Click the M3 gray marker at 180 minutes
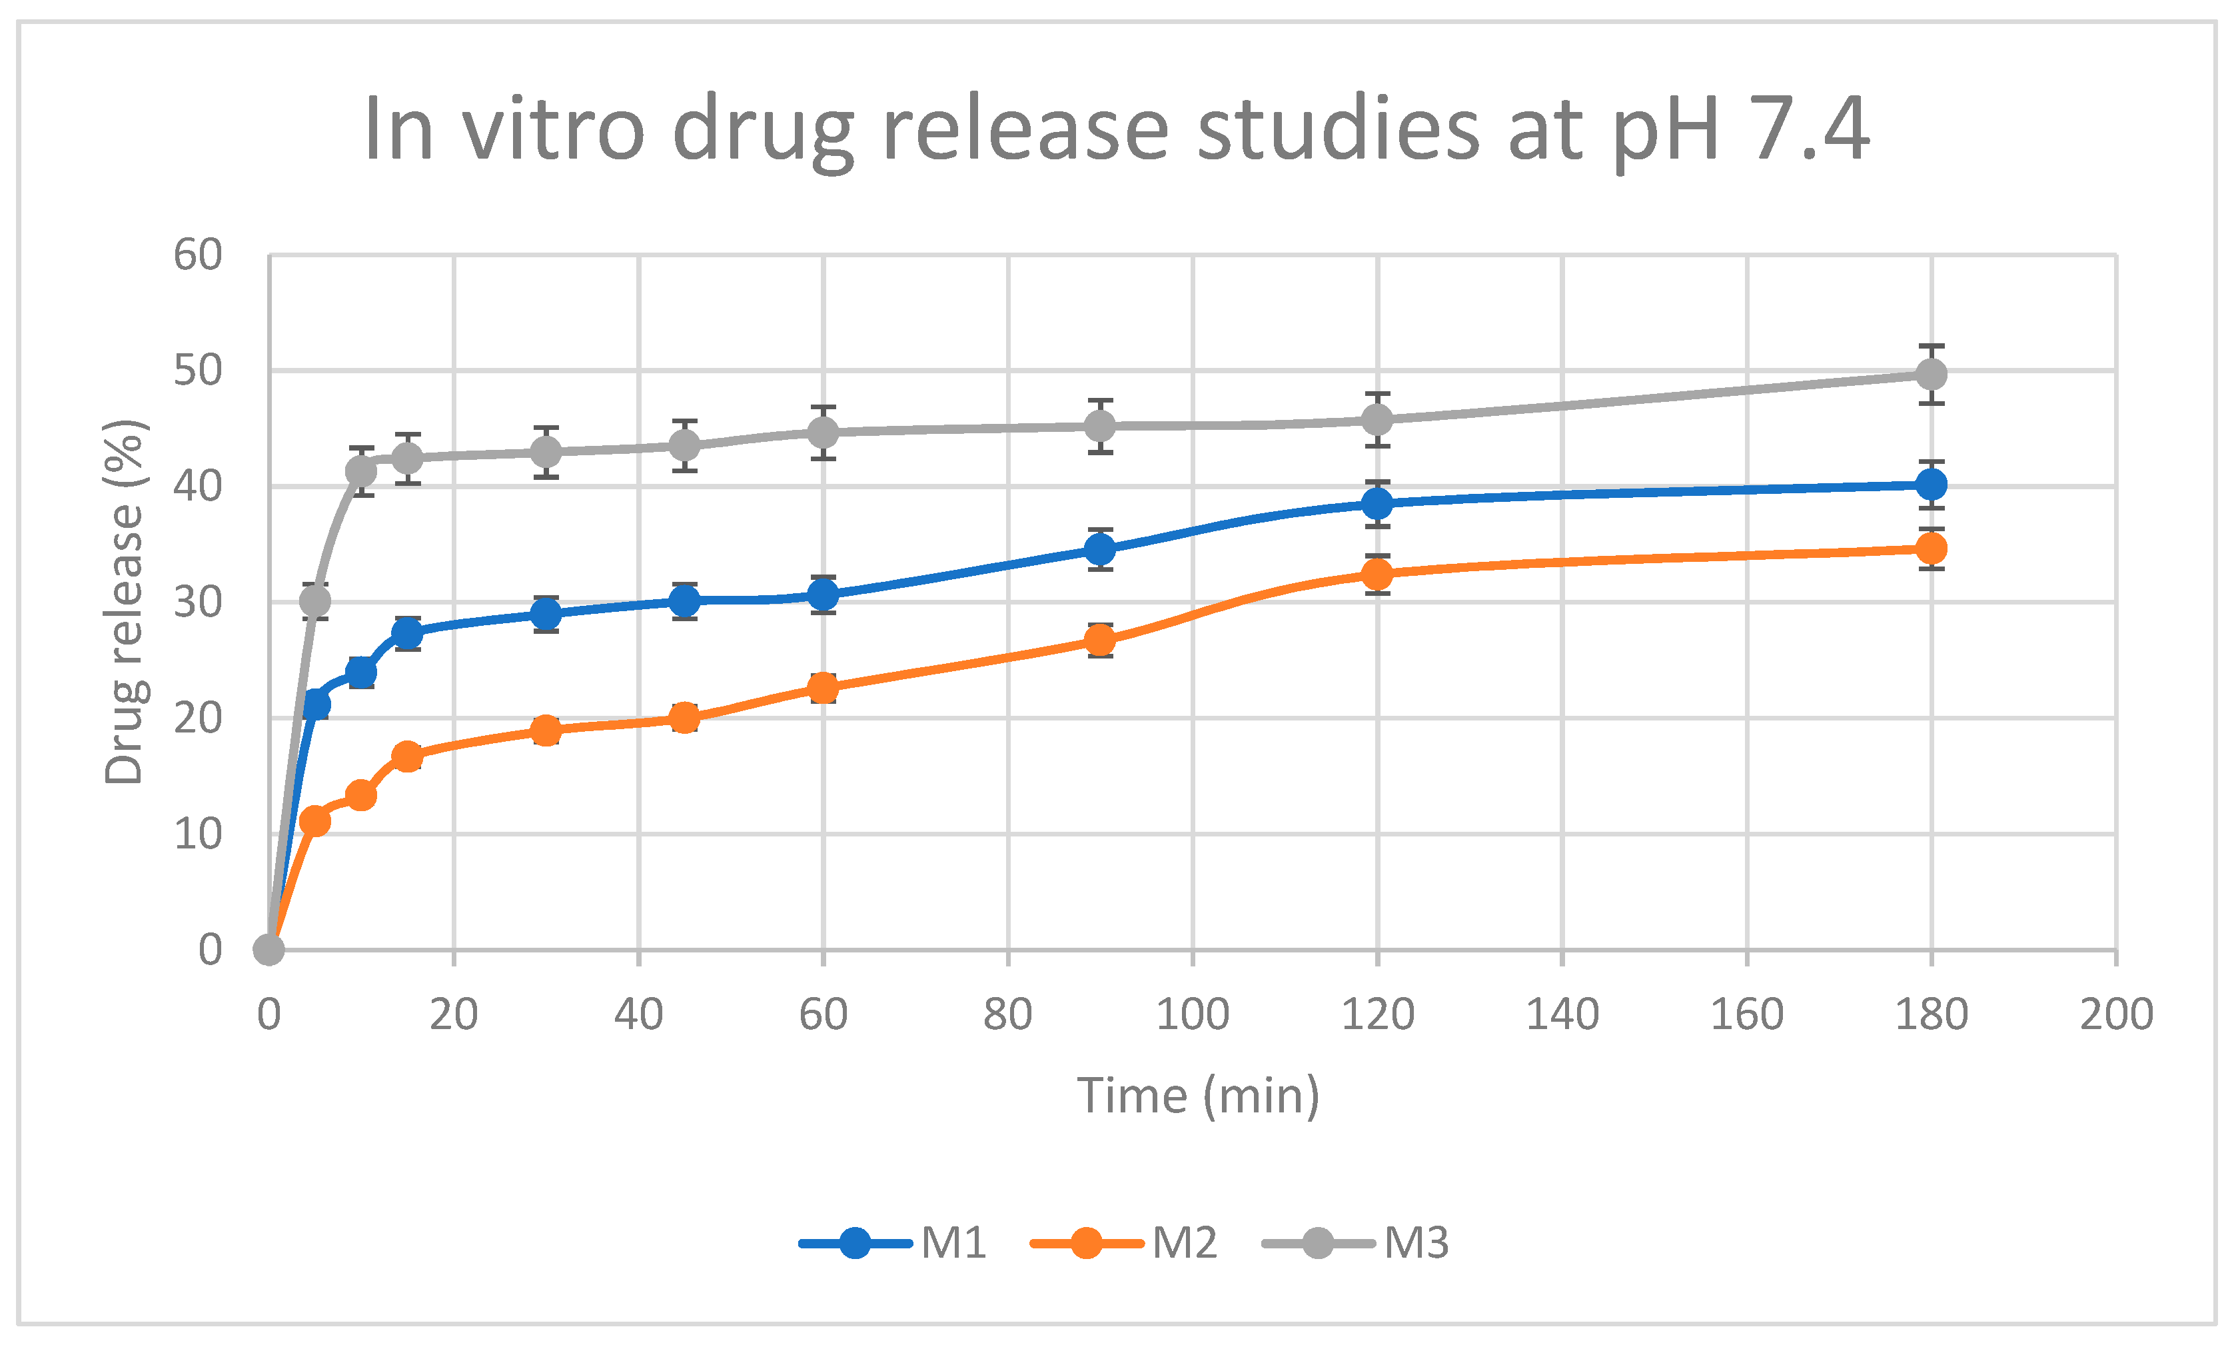[1930, 374]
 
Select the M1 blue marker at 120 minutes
[1377, 503]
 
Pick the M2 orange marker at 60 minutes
[823, 688]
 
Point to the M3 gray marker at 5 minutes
[315, 601]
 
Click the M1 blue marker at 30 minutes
[546, 615]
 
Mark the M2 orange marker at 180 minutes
[1930, 549]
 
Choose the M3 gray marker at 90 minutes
[1099, 425]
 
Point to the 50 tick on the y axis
[198, 371]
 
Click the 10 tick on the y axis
[198, 834]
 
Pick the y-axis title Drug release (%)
[124, 602]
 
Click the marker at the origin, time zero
[269, 950]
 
